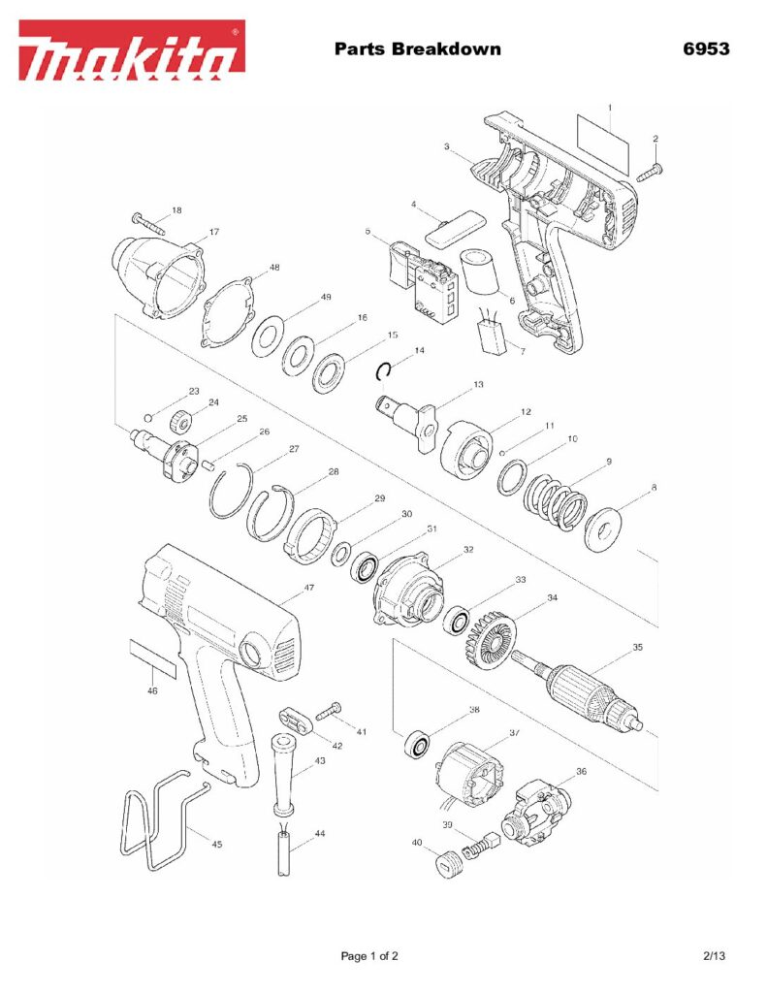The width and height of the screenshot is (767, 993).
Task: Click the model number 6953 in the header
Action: click(x=704, y=48)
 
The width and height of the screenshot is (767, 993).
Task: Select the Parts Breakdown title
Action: click(x=417, y=48)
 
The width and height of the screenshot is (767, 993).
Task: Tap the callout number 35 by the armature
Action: click(x=637, y=647)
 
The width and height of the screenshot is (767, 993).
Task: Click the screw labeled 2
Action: click(x=649, y=171)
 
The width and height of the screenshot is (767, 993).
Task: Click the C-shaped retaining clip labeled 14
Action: click(x=384, y=371)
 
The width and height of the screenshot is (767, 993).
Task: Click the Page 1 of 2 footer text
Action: click(x=369, y=956)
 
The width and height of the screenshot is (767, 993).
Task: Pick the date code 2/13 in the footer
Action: click(x=714, y=956)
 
